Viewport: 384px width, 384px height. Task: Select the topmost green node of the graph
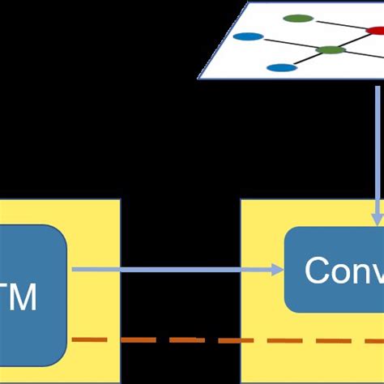pyautogui.click(x=299, y=18)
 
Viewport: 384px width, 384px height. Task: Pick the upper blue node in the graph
pyautogui.click(x=248, y=36)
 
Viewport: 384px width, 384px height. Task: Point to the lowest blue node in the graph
pyautogui.click(x=279, y=68)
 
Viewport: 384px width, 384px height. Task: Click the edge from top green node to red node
pyautogui.click(x=340, y=24)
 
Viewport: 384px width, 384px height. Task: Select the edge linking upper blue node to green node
pyautogui.click(x=288, y=42)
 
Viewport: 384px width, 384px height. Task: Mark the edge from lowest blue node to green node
pyautogui.click(x=304, y=59)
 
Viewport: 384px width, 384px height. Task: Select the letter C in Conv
pyautogui.click(x=317, y=271)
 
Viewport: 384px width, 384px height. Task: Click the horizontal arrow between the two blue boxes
pyautogui.click(x=178, y=270)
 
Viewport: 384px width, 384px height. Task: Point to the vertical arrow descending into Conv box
pyautogui.click(x=377, y=146)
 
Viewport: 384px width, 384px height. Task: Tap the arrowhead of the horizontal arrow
pyautogui.click(x=280, y=270)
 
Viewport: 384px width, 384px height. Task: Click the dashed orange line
pyautogui.click(x=227, y=340)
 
